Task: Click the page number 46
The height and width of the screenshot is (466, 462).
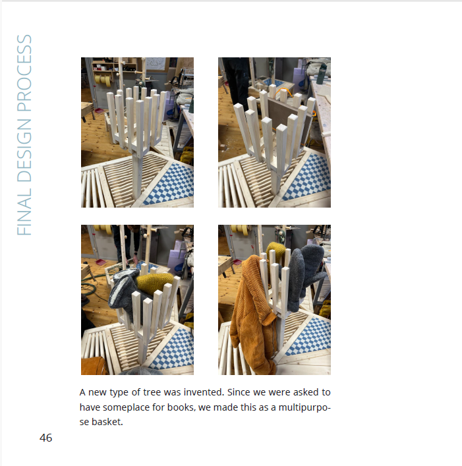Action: point(45,438)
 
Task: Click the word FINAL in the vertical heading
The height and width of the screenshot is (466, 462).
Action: point(24,212)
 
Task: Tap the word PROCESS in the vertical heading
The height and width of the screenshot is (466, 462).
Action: point(24,73)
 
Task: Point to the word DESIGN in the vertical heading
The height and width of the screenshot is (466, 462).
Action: point(24,150)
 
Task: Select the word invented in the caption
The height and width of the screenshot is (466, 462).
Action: point(204,392)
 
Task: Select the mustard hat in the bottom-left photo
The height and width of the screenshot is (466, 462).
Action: point(155,282)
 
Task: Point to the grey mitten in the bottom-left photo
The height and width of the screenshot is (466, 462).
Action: point(123,291)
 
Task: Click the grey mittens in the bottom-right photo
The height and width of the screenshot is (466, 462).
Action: point(306,276)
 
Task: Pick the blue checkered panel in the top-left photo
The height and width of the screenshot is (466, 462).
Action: point(170,185)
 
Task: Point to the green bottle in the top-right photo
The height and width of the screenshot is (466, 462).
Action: point(322,74)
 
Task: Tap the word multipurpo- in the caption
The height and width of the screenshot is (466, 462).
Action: point(304,407)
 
